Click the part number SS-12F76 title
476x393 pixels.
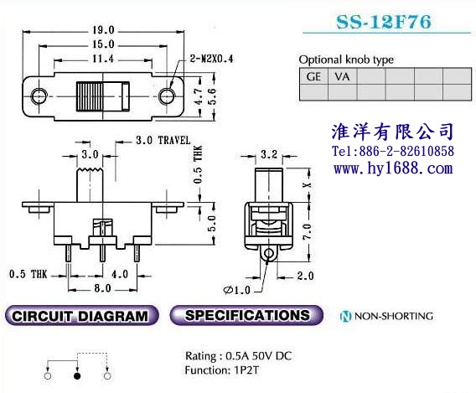point(384,22)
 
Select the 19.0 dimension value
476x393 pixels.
point(103,30)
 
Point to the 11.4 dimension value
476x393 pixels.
point(103,59)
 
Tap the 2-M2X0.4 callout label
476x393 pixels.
point(211,59)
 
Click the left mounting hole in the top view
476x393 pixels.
point(39,96)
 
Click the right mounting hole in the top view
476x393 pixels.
point(167,96)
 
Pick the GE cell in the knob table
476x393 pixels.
point(313,76)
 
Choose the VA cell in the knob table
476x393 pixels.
point(342,76)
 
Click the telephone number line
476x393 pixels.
point(393,151)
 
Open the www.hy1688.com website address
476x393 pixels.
point(393,168)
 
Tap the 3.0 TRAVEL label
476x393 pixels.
point(163,140)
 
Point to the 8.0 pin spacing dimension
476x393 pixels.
point(102,288)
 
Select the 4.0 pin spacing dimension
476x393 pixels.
point(120,274)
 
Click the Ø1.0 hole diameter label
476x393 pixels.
point(237,290)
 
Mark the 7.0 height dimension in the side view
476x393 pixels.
point(307,231)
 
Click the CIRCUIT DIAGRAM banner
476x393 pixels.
point(81,316)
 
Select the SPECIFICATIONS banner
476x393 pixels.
point(246,315)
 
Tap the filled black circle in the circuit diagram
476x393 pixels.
point(77,376)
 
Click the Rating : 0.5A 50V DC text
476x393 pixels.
point(238,355)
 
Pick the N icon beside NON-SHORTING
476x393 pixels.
point(345,316)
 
